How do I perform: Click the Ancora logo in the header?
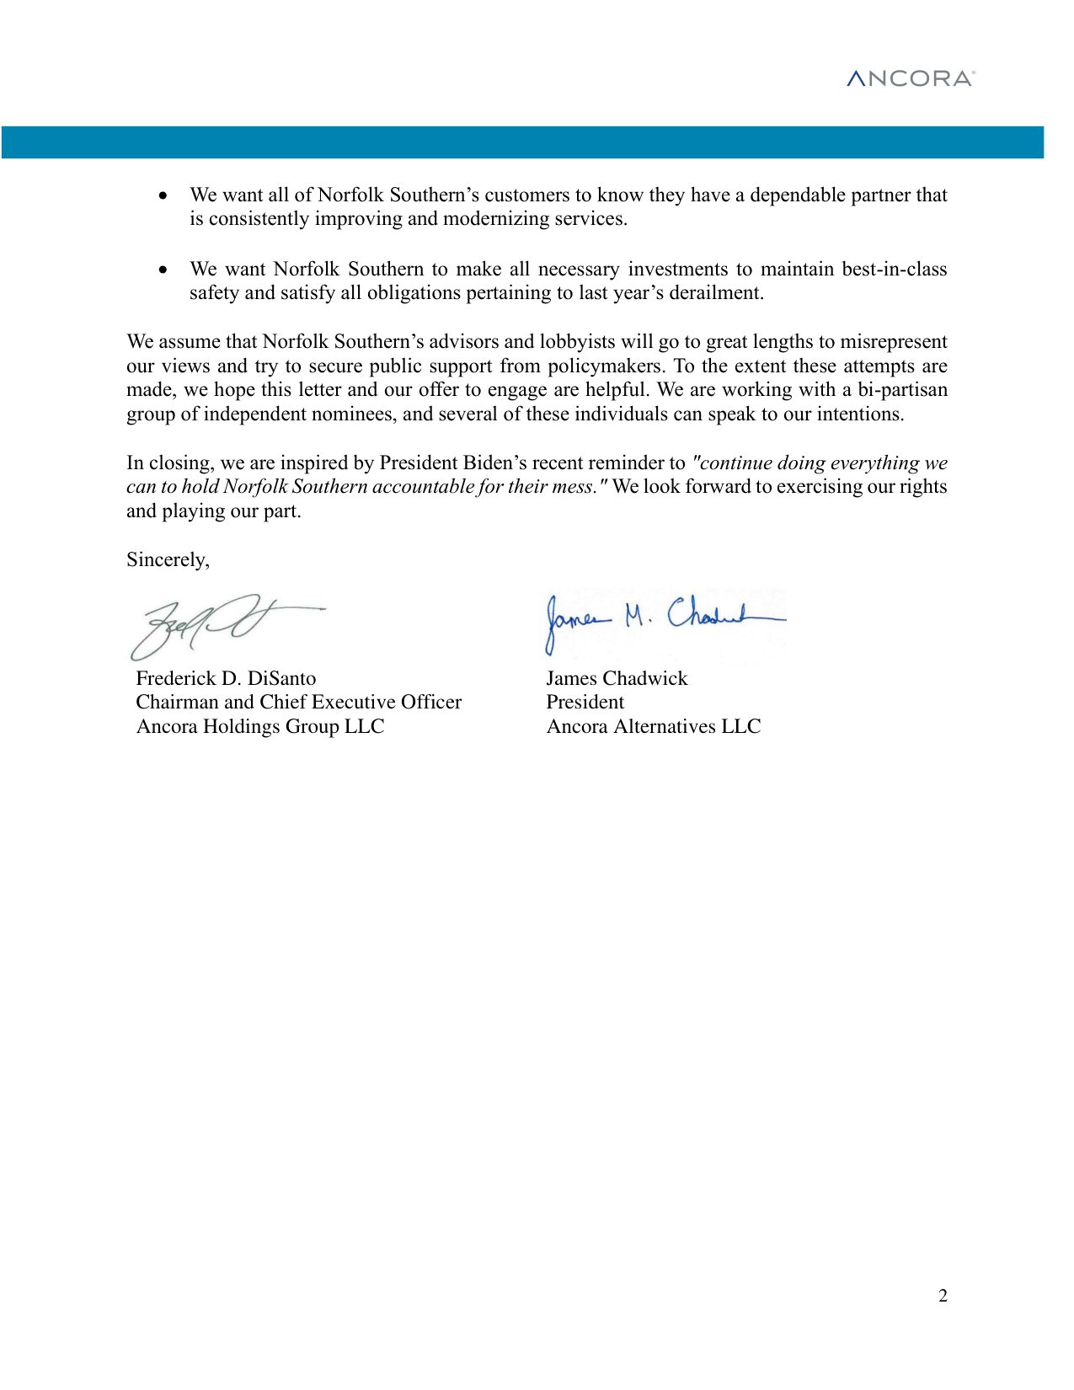click(911, 78)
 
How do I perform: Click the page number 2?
click(943, 1296)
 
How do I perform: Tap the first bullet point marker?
click(163, 195)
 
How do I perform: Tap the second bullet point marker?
click(163, 270)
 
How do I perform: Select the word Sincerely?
click(168, 560)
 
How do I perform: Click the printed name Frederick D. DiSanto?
click(226, 678)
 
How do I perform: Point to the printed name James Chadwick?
click(617, 678)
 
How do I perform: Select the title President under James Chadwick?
click(585, 702)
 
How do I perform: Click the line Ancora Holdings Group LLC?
click(259, 726)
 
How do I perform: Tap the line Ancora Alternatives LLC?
click(653, 726)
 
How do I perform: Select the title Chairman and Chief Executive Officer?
click(298, 702)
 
